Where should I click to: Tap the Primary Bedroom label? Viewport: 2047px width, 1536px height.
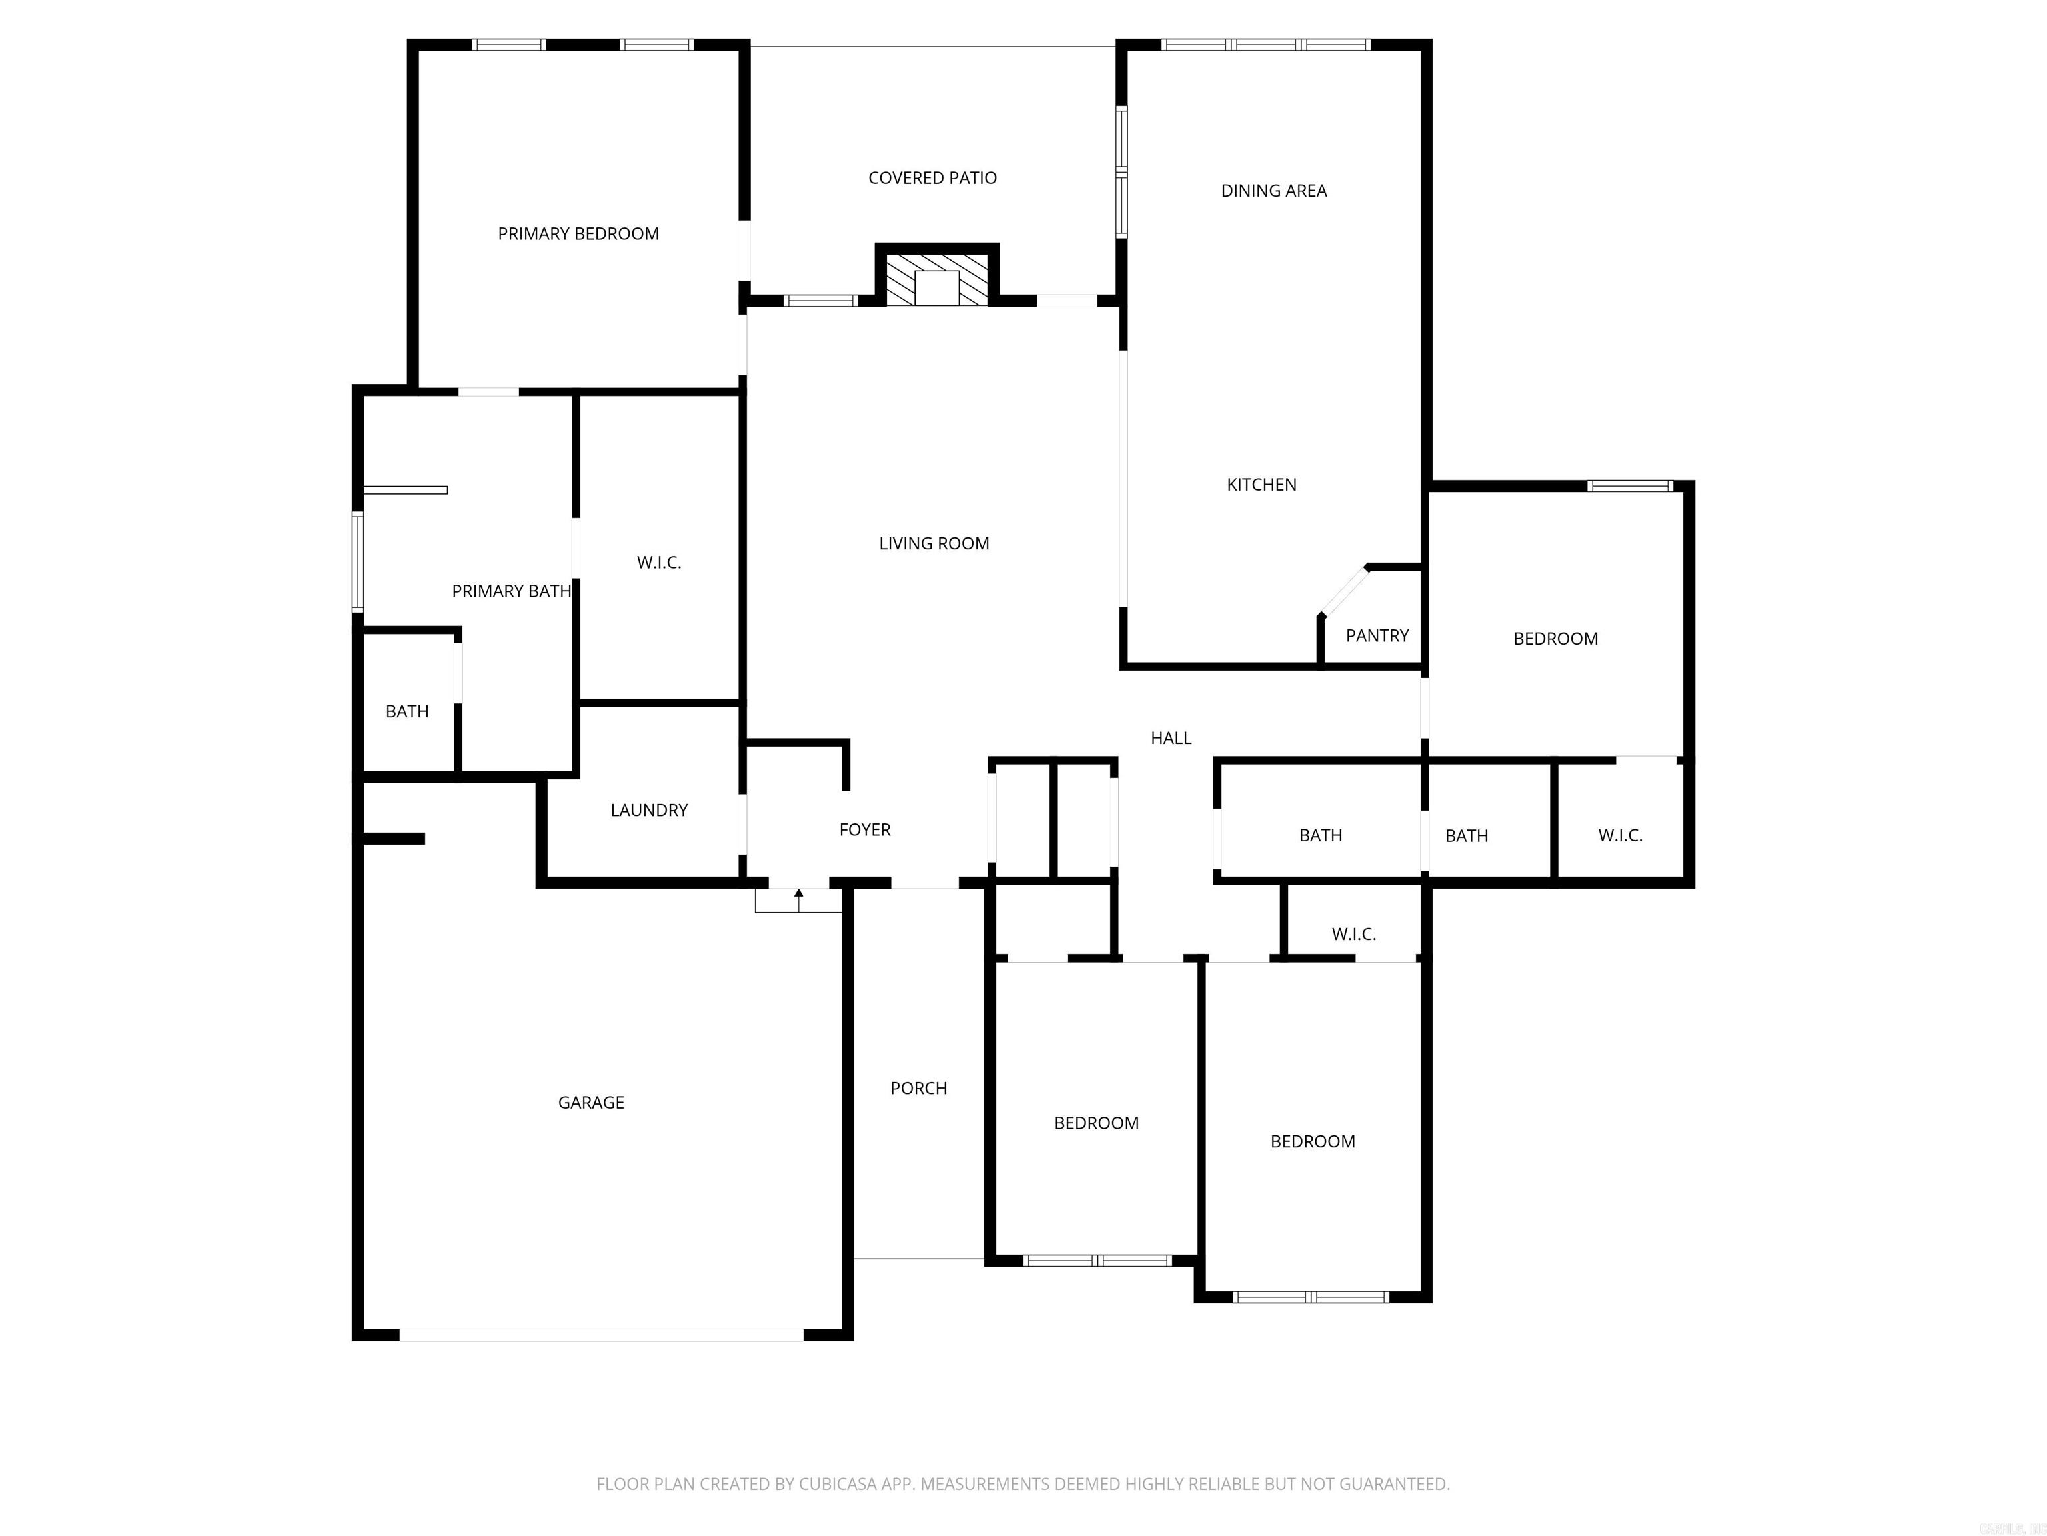click(x=578, y=234)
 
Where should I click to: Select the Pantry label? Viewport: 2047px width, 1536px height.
click(x=1377, y=635)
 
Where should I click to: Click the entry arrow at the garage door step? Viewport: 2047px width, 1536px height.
click(x=799, y=895)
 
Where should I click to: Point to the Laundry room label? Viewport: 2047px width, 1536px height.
click(x=649, y=810)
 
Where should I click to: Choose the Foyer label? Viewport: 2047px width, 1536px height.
click(x=864, y=829)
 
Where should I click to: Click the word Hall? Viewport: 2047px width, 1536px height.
click(x=1171, y=738)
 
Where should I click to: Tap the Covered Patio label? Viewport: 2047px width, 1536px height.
click(x=932, y=178)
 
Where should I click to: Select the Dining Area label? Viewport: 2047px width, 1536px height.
click(x=1273, y=191)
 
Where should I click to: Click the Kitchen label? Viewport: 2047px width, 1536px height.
click(x=1261, y=484)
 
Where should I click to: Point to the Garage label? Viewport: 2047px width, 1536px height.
click(x=590, y=1102)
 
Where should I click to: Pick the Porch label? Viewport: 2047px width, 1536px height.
click(x=918, y=1088)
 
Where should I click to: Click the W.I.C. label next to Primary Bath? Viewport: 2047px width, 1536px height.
click(x=659, y=562)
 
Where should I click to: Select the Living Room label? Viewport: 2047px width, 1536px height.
click(x=934, y=543)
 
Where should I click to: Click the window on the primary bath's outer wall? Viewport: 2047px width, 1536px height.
click(x=358, y=562)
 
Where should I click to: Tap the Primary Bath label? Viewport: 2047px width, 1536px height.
click(x=511, y=591)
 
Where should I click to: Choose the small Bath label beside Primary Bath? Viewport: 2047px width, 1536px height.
click(x=407, y=711)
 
